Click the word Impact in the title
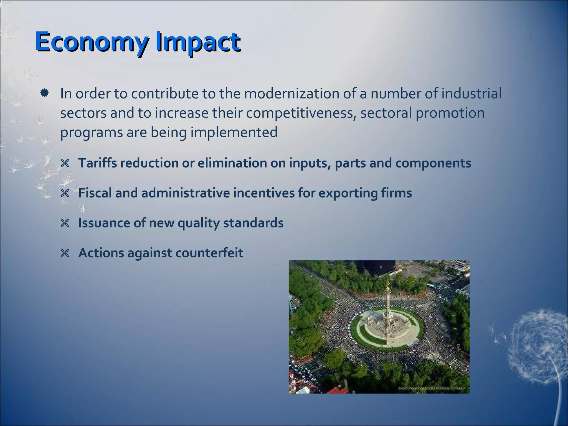(197, 42)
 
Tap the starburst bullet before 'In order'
(44, 93)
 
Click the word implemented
(234, 132)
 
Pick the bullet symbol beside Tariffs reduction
(65, 164)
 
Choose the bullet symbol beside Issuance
(65, 223)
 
